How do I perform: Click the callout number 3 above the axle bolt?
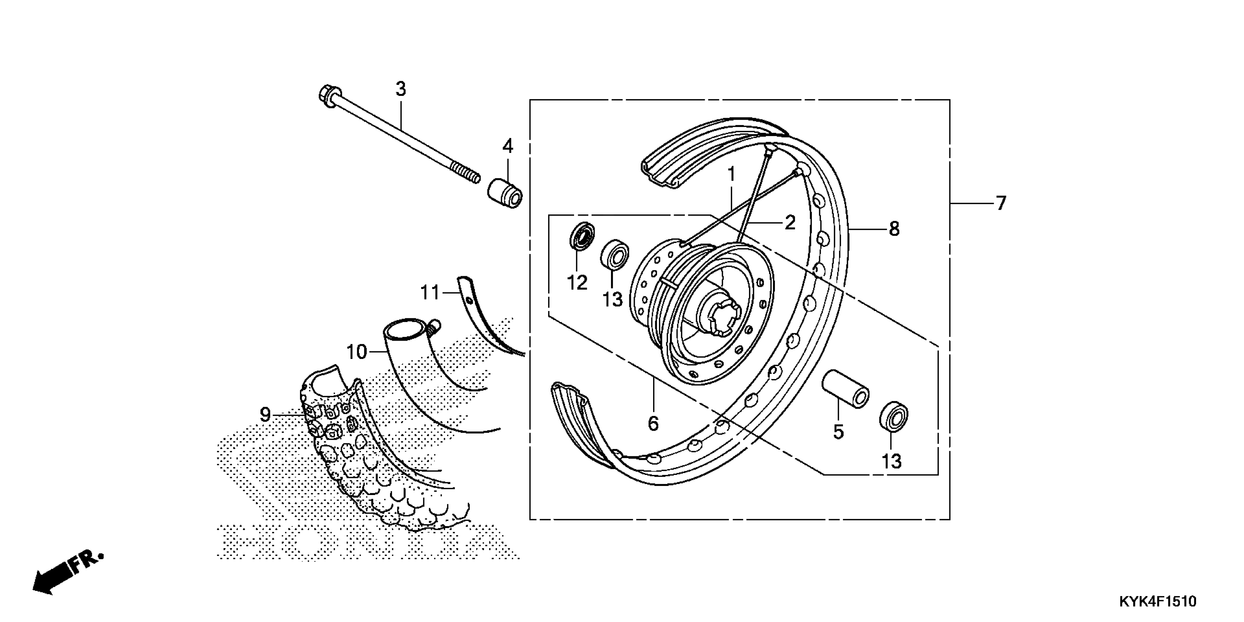[x=400, y=89]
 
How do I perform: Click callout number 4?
[x=507, y=146]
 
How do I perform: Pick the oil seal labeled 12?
[x=581, y=236]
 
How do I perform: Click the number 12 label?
[x=577, y=282]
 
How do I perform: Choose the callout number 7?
[x=1001, y=203]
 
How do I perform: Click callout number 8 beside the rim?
[x=894, y=229]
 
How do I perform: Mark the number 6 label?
[x=653, y=424]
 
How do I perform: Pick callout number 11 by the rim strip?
[x=430, y=293]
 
